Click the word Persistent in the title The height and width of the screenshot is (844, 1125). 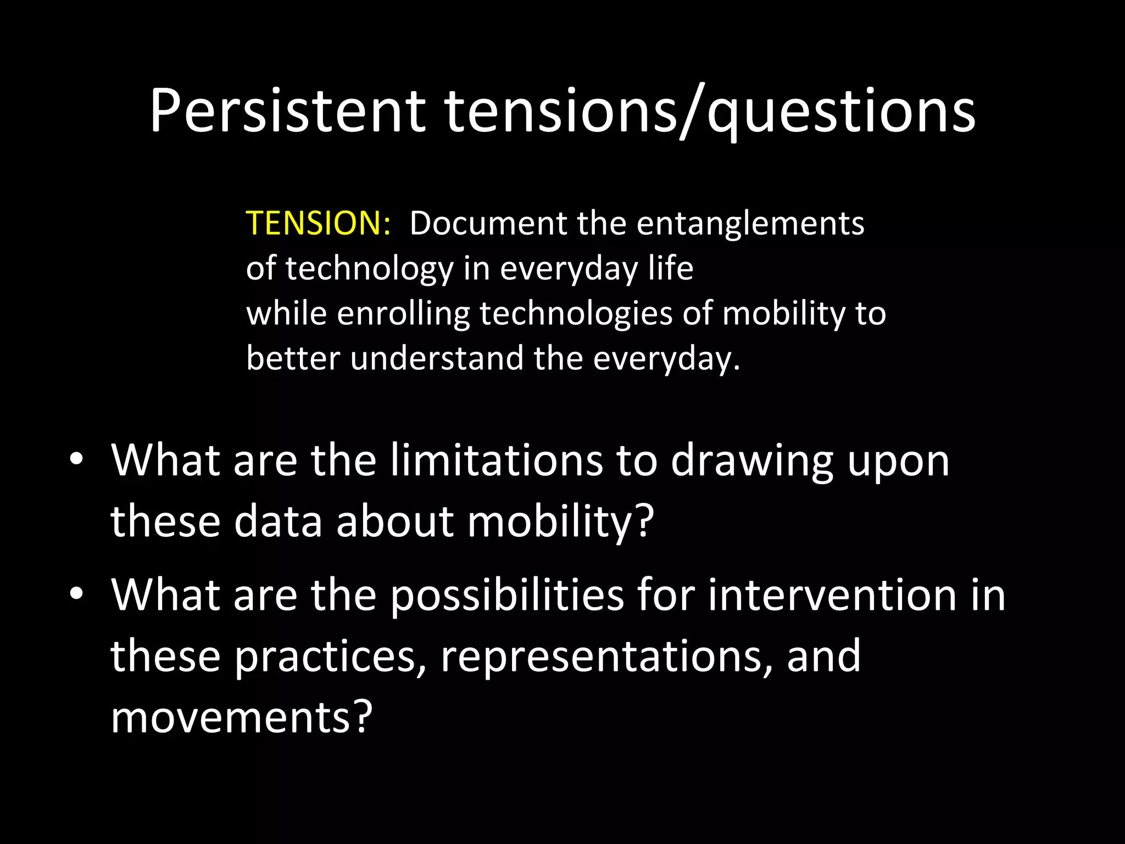click(x=287, y=112)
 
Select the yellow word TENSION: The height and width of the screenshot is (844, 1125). click(x=318, y=224)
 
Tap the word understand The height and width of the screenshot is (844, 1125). click(x=437, y=359)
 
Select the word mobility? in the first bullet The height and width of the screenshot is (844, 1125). click(x=560, y=521)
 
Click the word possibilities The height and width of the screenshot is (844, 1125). click(x=507, y=596)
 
